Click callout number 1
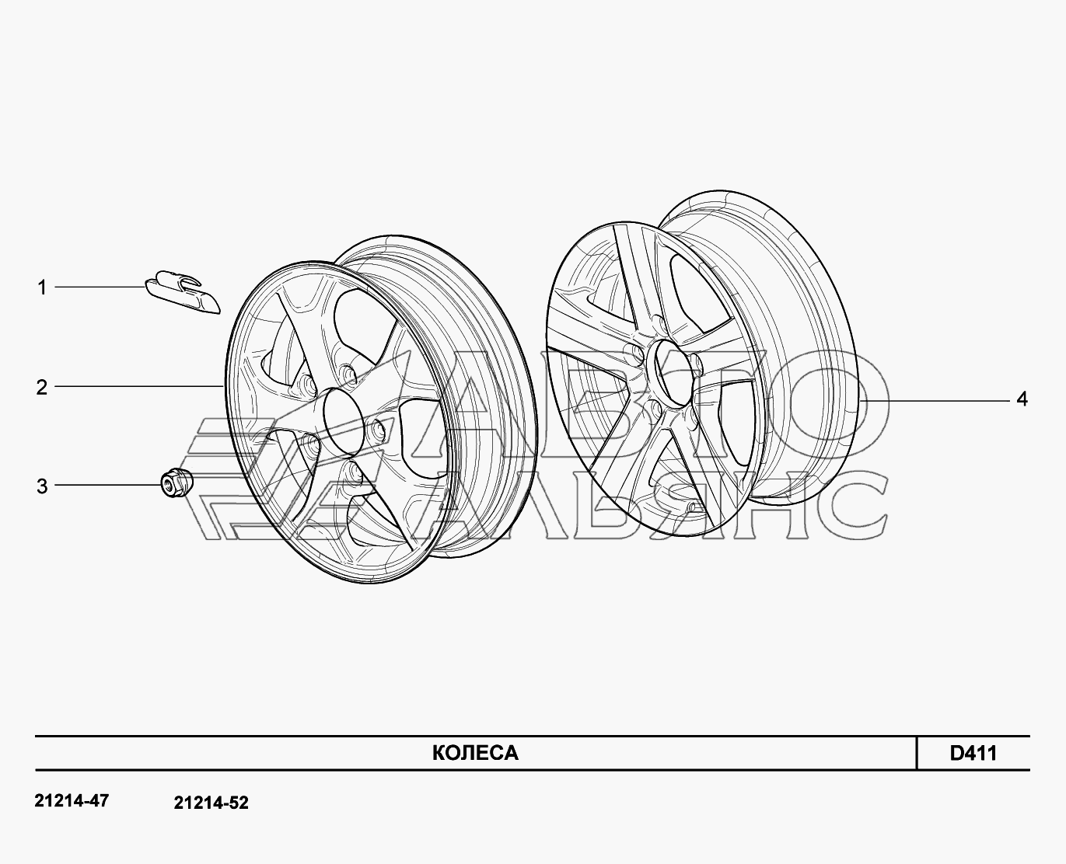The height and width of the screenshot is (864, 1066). [42, 288]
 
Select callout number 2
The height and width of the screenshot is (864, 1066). [41, 388]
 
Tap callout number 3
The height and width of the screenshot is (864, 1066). [41, 486]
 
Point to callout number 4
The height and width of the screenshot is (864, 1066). [1022, 399]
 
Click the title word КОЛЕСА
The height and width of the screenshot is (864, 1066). [475, 753]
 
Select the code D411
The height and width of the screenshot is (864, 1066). [973, 753]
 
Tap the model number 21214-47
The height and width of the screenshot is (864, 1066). [72, 800]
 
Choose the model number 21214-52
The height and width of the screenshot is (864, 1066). [211, 803]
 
